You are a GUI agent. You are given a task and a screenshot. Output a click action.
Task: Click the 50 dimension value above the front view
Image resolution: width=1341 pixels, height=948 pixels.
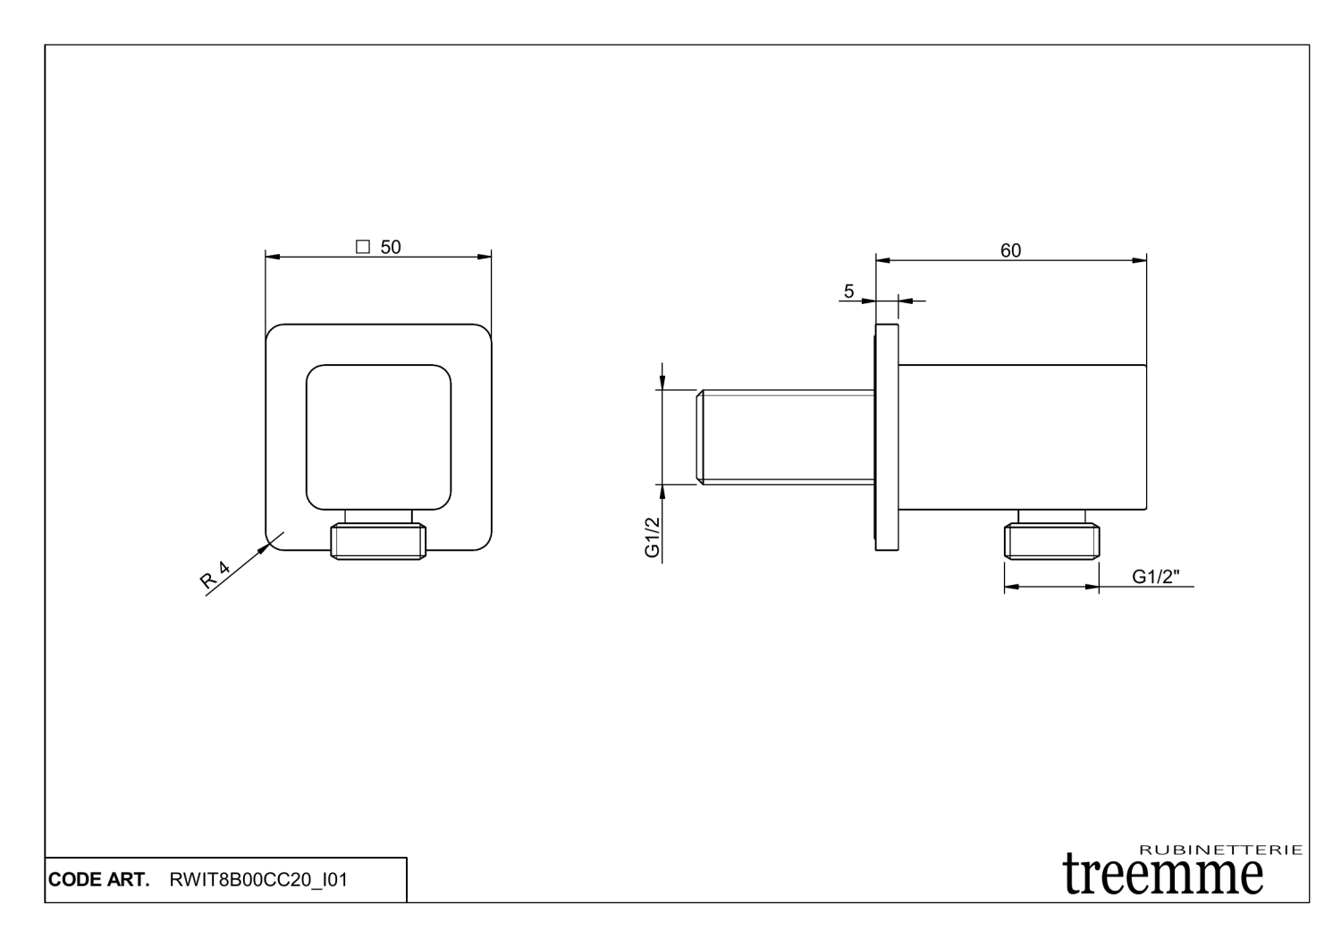(391, 247)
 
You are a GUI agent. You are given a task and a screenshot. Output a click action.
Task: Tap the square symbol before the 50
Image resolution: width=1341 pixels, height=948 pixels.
(363, 247)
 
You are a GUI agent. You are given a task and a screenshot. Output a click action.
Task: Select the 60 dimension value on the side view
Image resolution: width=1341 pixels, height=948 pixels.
(1010, 250)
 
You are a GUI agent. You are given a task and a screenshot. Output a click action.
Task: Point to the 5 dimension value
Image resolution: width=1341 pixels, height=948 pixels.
(848, 291)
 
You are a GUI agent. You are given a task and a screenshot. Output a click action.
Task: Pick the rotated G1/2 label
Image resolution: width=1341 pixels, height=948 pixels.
(653, 537)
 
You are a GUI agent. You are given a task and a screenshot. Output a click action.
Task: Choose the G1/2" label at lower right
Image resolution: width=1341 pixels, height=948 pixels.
(1156, 577)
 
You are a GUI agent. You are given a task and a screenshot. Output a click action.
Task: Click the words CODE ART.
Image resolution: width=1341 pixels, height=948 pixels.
(98, 880)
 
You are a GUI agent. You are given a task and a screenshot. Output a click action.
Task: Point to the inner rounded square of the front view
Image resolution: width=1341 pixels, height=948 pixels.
(378, 437)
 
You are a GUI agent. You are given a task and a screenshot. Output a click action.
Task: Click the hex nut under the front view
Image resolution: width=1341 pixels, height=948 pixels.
(378, 542)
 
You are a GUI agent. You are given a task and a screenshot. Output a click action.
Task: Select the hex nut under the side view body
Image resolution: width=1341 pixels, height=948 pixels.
(1051, 541)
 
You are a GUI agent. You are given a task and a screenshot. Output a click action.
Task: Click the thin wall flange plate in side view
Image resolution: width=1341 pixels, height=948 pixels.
(887, 437)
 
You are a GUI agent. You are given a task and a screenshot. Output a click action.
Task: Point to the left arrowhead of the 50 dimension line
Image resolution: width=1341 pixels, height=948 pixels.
(274, 258)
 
